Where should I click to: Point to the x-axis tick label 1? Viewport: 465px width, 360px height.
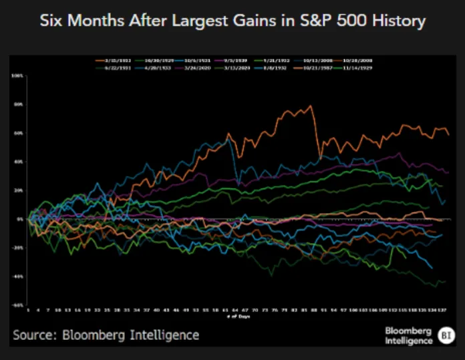click(28, 310)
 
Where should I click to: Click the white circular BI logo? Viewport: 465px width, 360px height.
click(446, 335)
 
